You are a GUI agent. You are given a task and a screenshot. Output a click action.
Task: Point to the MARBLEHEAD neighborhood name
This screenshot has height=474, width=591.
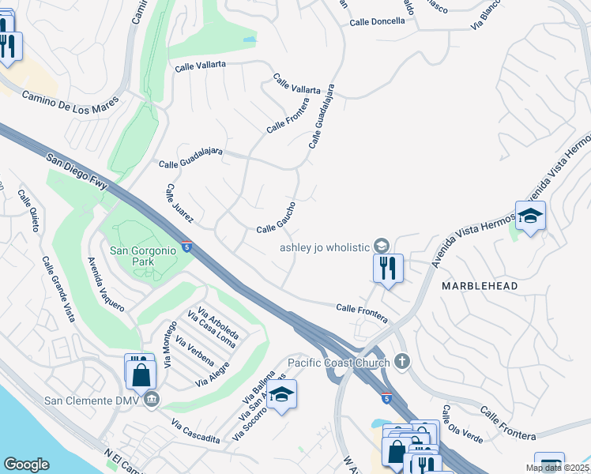[x=480, y=285]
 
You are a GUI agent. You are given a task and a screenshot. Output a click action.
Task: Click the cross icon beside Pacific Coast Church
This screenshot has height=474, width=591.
[x=402, y=362]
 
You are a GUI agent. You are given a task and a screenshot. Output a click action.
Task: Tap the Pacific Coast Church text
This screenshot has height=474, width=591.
[x=338, y=363]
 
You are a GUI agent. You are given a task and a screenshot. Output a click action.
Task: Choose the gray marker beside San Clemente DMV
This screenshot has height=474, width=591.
[x=153, y=399]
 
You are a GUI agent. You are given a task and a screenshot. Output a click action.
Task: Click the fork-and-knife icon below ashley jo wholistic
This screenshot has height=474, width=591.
[x=387, y=269]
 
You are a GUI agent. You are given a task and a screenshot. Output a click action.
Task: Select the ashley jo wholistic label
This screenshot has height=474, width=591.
[x=325, y=246]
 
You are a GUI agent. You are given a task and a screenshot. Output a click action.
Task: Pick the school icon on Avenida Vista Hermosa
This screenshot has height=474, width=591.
[x=530, y=215]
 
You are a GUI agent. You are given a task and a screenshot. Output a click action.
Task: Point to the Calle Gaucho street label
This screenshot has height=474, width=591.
[x=276, y=217]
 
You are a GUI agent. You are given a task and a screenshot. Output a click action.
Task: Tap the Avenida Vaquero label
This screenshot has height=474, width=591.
[x=106, y=283]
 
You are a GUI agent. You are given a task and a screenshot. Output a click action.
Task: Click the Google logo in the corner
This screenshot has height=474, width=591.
[x=26, y=465]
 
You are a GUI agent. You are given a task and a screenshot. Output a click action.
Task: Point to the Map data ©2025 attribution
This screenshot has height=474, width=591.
[x=558, y=468]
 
